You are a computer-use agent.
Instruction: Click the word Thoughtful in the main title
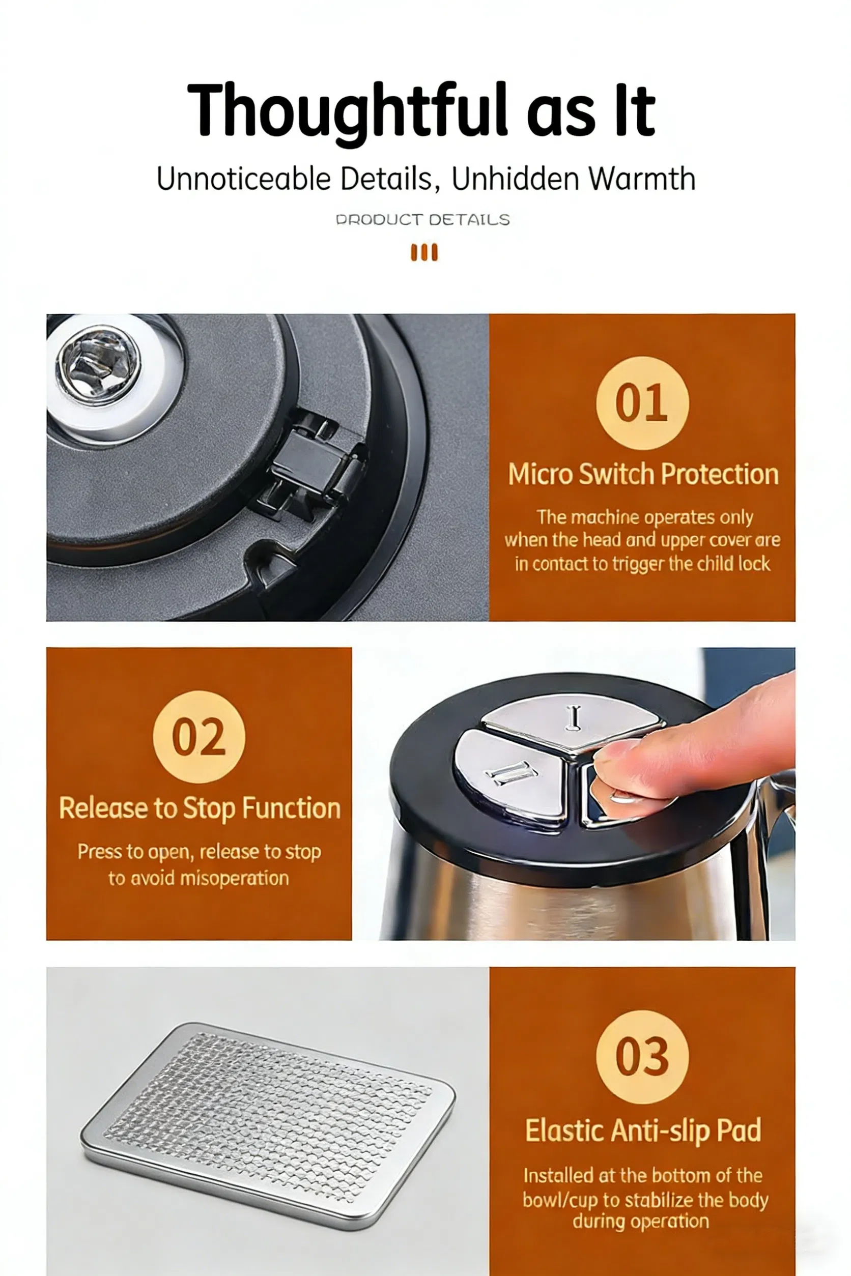coord(347,111)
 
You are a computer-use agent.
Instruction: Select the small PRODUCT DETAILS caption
coord(423,220)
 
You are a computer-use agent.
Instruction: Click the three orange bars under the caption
coord(424,252)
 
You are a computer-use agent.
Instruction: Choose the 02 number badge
coord(199,736)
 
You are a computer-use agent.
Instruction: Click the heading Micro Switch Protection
coord(643,474)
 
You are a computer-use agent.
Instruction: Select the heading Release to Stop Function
coord(200,808)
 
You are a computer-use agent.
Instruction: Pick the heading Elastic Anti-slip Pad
coord(643,1130)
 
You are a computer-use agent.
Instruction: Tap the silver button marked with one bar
coord(573,720)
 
